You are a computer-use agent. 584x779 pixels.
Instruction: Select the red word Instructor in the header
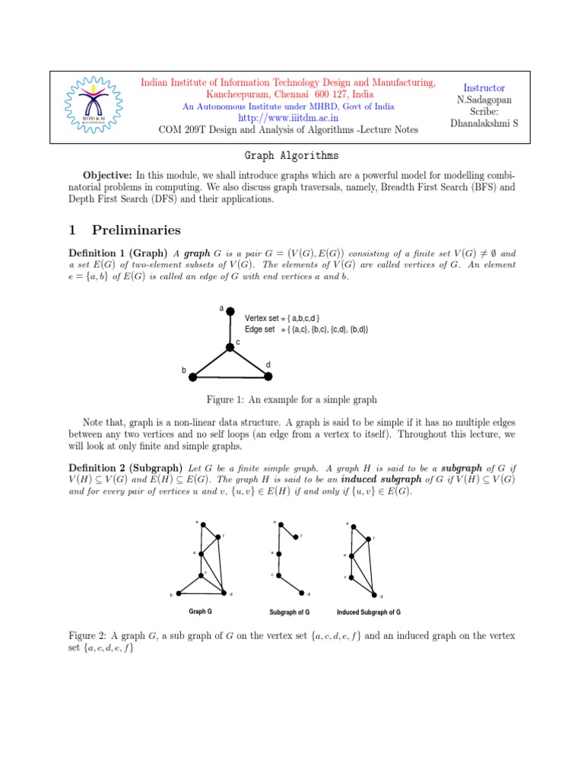tap(484, 88)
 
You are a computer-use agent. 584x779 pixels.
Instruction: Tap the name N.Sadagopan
tap(484, 100)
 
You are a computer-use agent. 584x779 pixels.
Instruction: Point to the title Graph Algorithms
tap(293, 155)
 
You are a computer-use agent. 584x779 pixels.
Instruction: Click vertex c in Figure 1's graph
tap(230, 348)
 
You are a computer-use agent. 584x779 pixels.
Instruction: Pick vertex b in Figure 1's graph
tap(193, 376)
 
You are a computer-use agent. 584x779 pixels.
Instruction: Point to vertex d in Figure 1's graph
tap(268, 375)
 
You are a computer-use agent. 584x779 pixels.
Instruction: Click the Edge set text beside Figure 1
tap(306, 329)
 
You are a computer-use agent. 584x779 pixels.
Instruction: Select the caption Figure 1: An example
tap(292, 399)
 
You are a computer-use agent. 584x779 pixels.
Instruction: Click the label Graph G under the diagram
tap(200, 611)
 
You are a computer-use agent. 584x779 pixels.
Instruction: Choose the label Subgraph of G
tap(289, 612)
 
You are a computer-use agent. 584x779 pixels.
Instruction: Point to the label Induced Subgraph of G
tap(369, 612)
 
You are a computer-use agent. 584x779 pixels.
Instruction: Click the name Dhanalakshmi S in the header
tap(484, 123)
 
